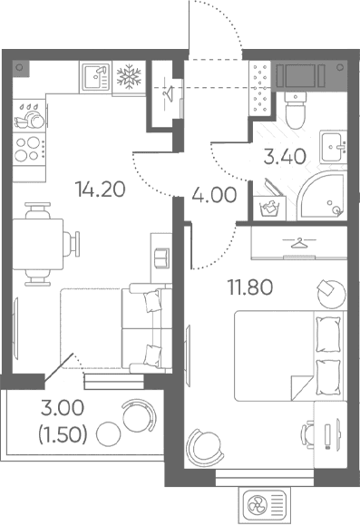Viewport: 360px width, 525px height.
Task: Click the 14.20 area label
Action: tap(101, 190)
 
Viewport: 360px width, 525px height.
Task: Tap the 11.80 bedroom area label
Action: tap(250, 287)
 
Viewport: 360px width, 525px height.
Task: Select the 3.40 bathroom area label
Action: tap(285, 156)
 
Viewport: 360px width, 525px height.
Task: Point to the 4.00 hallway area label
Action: tap(214, 195)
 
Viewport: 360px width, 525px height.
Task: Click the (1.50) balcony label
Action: tap(63, 435)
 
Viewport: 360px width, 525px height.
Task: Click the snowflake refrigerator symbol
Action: tap(129, 77)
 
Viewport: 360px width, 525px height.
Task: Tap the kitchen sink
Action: tap(96, 77)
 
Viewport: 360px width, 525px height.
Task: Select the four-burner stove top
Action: tap(29, 149)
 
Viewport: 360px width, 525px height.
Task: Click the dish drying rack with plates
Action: tap(29, 116)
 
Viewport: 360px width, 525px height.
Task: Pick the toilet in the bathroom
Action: tap(296, 109)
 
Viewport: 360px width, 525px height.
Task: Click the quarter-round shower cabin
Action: tap(322, 196)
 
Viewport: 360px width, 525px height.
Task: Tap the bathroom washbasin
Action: tap(333, 147)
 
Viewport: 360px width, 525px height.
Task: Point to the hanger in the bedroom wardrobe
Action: tap(299, 242)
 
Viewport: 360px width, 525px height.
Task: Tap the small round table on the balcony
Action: tap(108, 433)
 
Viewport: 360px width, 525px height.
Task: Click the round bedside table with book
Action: tap(331, 294)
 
